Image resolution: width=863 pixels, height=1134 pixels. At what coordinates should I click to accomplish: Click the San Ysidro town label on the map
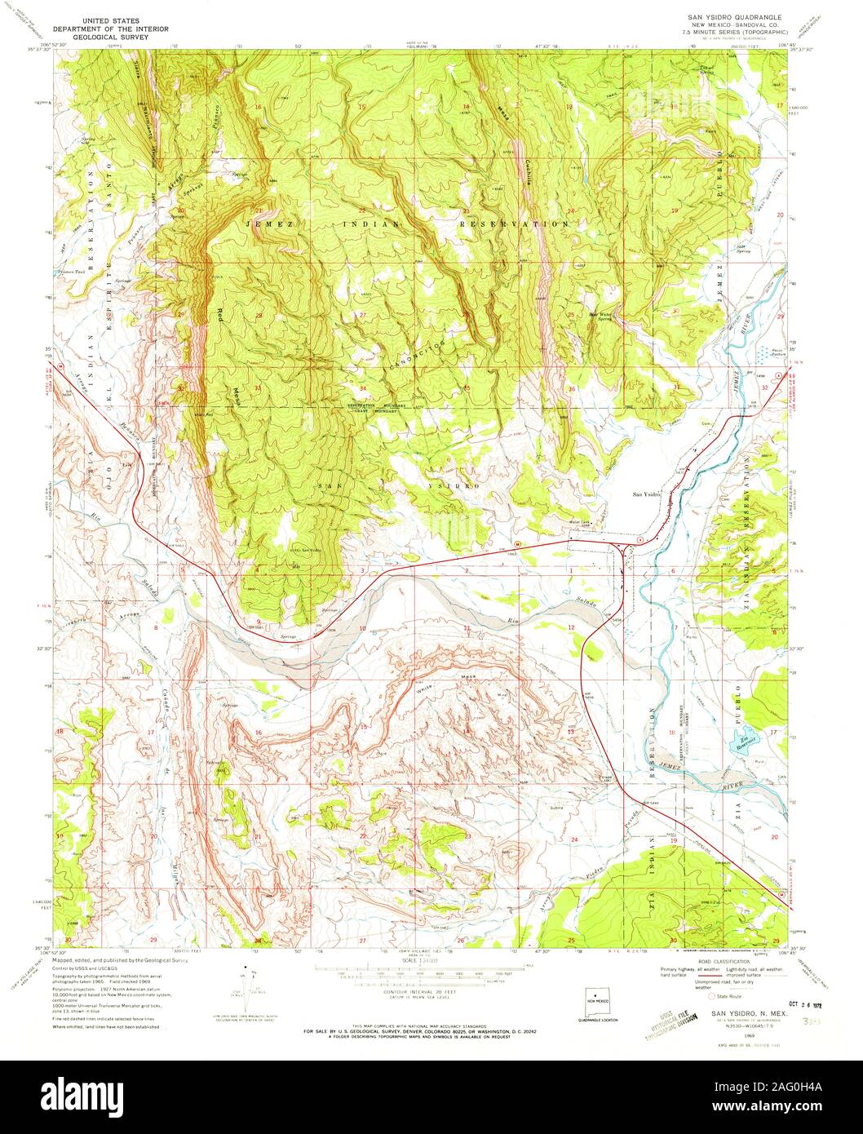point(647,494)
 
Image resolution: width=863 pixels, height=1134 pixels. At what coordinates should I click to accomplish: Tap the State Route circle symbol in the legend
point(711,996)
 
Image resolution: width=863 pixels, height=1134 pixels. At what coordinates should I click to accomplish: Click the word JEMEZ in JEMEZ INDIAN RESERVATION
point(268,223)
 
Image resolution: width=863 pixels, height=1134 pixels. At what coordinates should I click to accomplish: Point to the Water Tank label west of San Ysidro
point(579,523)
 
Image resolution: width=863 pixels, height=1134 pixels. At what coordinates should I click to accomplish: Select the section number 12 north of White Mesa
point(572,627)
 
